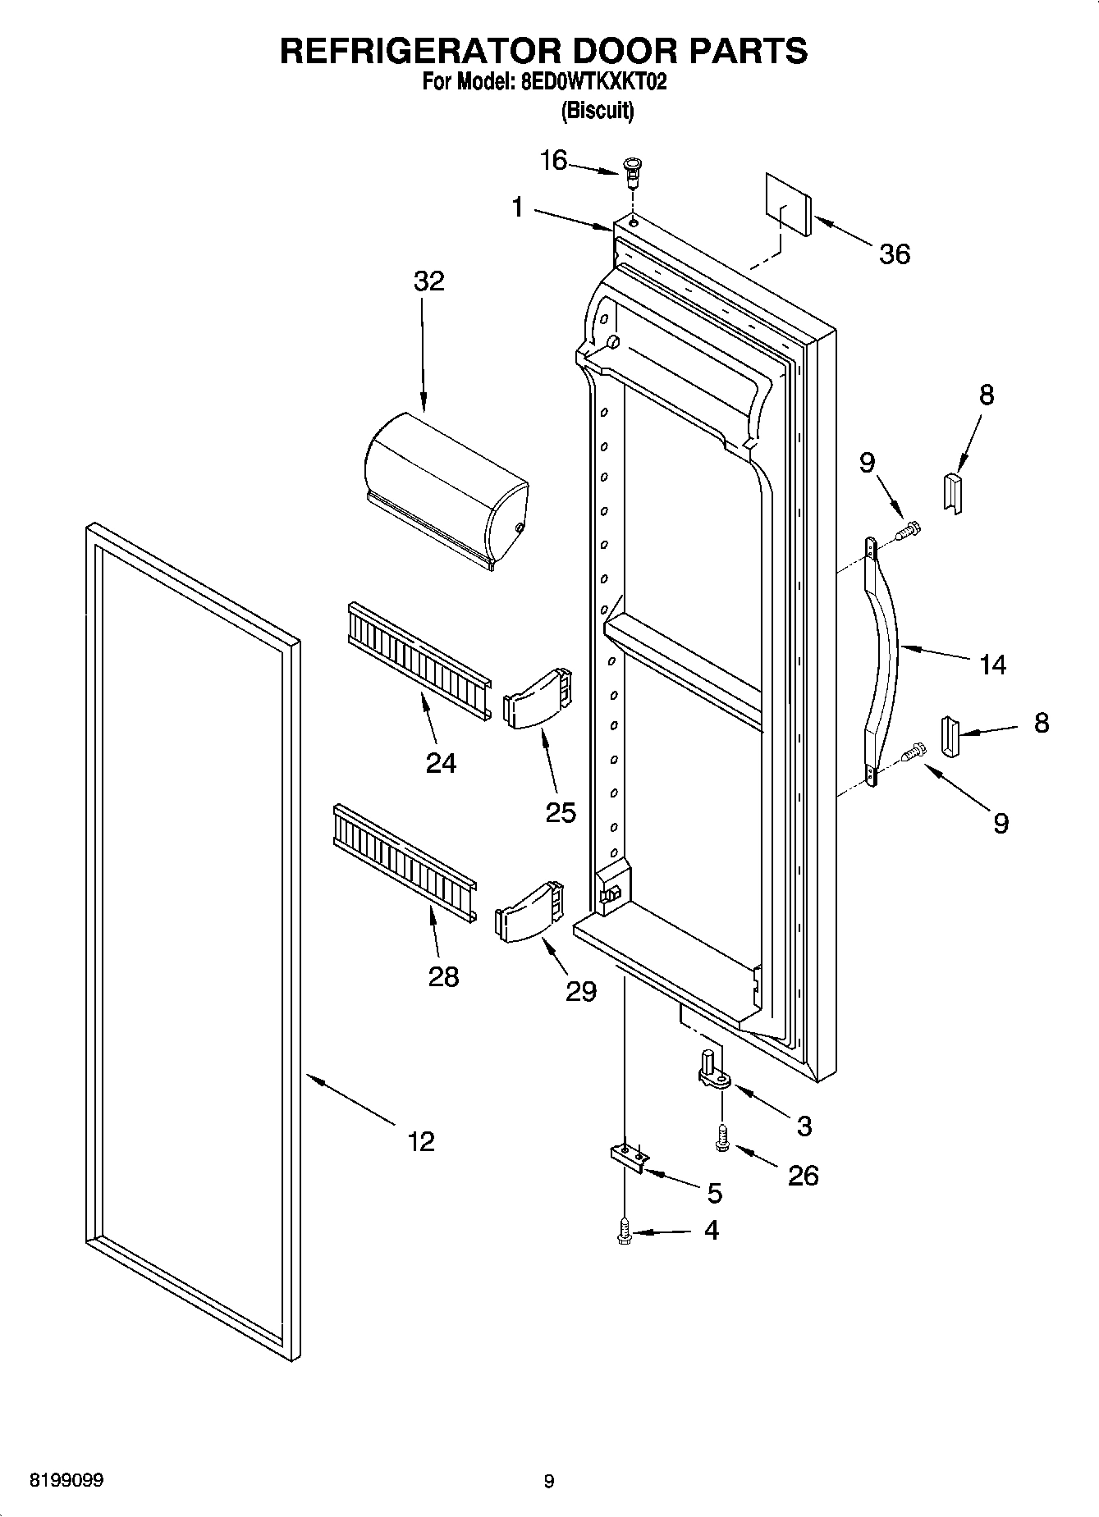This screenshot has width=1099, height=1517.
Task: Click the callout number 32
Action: click(428, 281)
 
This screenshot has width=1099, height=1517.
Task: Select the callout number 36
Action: click(894, 254)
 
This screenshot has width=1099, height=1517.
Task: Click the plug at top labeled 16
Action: click(632, 168)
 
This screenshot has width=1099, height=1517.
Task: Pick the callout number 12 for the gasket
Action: click(421, 1141)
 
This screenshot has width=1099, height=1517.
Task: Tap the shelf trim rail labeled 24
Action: click(419, 657)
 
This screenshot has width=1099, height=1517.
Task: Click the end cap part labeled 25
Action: click(536, 698)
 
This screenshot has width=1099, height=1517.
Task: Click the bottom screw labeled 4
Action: click(625, 1231)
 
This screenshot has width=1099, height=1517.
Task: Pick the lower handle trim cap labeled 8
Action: click(950, 737)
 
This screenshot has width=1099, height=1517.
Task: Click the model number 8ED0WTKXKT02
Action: click(588, 82)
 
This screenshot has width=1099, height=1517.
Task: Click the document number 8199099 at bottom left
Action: click(66, 1481)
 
